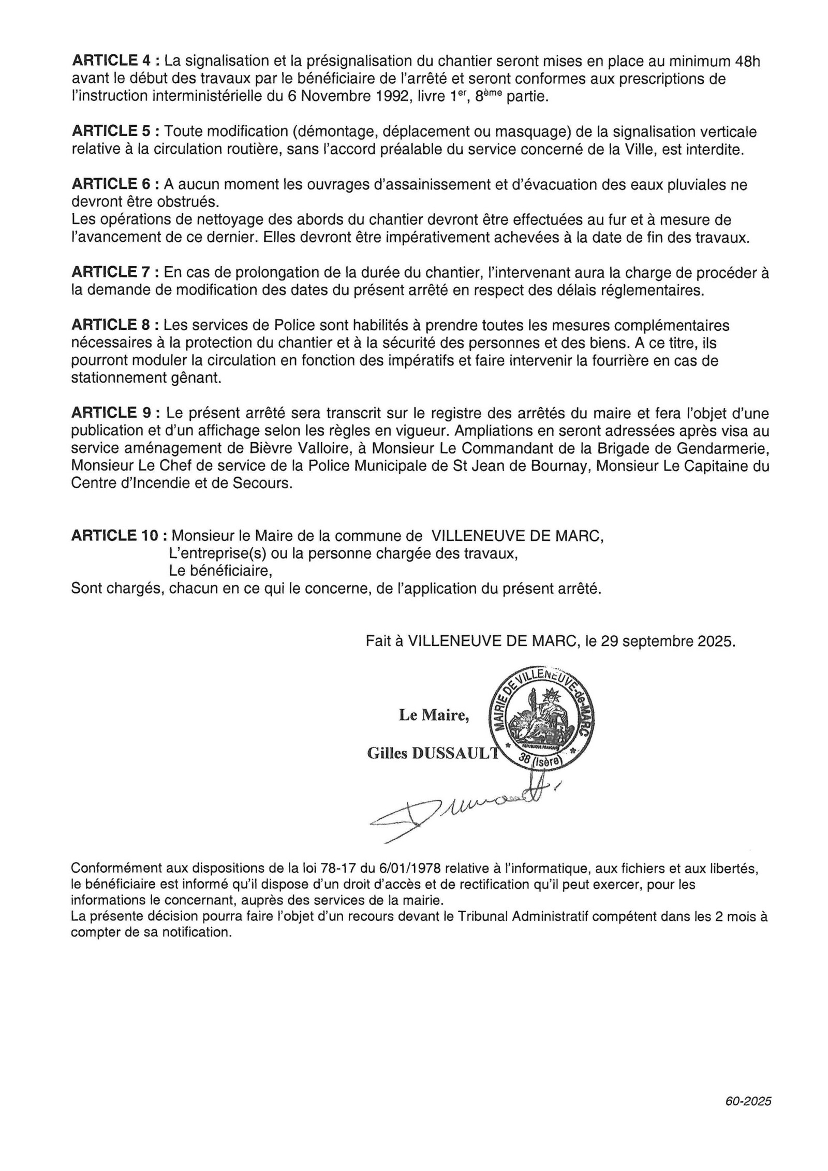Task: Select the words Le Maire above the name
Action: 434,715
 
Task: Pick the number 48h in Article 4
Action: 747,61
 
